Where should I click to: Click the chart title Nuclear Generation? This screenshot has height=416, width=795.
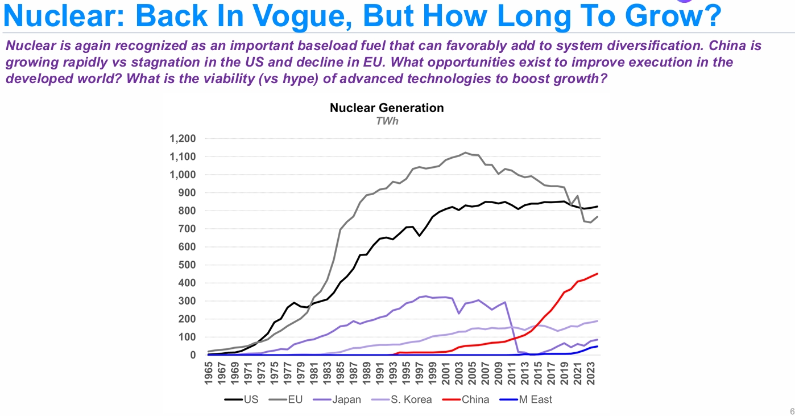387,108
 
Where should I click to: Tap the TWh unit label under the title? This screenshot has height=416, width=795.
387,121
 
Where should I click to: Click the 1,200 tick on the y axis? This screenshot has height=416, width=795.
182,139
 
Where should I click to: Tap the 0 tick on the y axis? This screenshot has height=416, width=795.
192,355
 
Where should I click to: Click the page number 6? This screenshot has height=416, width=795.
791,411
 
